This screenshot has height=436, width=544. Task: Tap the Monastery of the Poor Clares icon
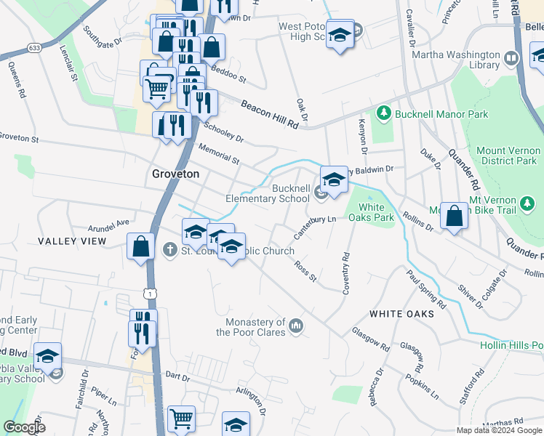295,325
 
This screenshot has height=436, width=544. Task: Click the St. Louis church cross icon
169,251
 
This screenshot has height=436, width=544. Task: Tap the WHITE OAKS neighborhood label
401,314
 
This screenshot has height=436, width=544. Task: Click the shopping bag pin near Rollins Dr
454,216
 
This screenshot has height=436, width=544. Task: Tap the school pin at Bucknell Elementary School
333,179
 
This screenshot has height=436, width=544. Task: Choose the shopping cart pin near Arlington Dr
181,419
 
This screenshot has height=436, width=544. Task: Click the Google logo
25,427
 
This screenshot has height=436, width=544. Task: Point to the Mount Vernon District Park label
506,156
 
